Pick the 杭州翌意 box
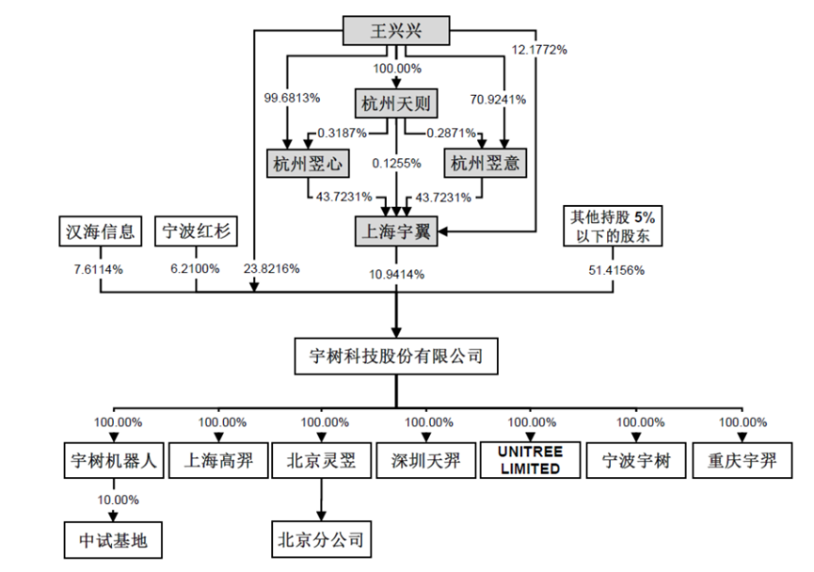[x=484, y=164]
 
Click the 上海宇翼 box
[x=395, y=230]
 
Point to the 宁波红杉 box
[x=196, y=230]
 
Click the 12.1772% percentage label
[x=538, y=50]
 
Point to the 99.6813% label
[x=295, y=98]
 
